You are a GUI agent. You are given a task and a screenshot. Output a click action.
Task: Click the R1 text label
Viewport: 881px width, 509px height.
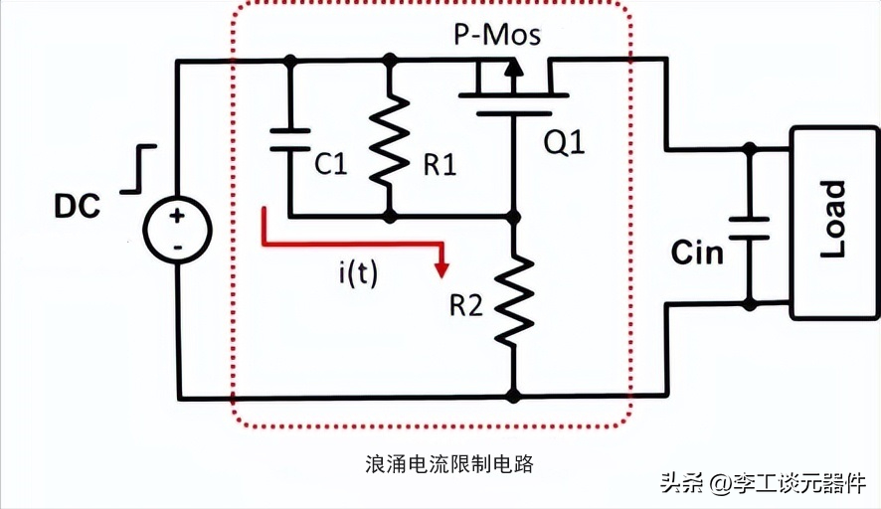coord(439,165)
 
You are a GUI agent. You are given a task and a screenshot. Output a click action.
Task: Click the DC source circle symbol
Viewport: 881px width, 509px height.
coord(176,230)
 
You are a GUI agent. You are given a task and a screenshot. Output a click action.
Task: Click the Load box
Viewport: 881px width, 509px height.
coord(833,223)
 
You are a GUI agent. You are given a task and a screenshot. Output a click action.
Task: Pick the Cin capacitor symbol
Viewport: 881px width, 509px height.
coord(748,228)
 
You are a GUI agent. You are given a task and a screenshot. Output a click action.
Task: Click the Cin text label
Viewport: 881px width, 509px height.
coord(697,253)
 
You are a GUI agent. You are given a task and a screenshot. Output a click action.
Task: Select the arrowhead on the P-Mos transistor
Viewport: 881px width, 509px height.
coord(512,67)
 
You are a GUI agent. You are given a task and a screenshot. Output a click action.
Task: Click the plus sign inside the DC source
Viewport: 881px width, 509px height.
coord(177,216)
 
